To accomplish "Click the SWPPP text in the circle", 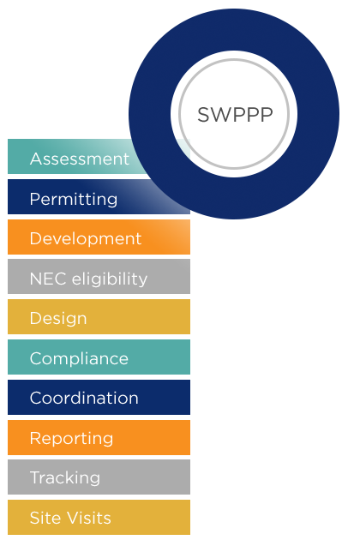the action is [x=235, y=115].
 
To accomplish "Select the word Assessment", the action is [x=80, y=159].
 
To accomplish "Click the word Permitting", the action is [x=74, y=199].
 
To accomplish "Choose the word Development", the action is [x=86, y=238].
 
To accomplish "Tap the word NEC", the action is [x=48, y=279].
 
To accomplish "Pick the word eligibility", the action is [x=110, y=279].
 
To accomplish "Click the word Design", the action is [x=58, y=318].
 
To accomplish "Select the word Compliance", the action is [x=79, y=358].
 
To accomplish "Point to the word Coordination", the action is [x=84, y=398].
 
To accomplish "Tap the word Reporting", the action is [x=72, y=438].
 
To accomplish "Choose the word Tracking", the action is [x=65, y=477].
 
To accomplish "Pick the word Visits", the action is [x=89, y=518].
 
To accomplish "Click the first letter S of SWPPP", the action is [x=204, y=115].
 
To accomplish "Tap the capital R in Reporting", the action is [x=35, y=438].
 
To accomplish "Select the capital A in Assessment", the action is [x=37, y=159].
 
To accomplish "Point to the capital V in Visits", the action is [x=74, y=518].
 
